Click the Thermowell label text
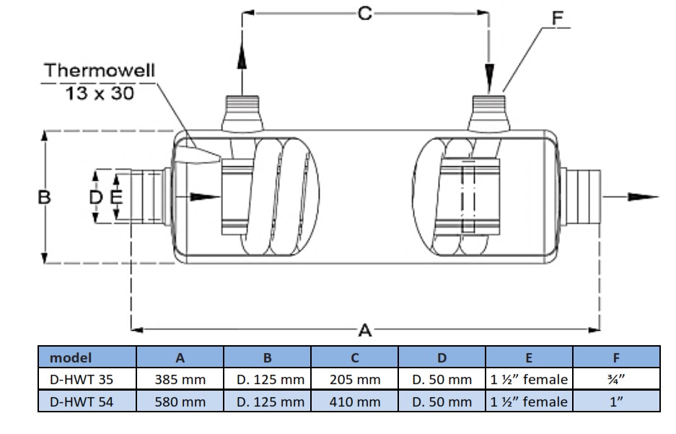100,71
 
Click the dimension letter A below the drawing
365,331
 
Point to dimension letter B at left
44,196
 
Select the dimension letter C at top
365,13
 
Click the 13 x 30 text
100,93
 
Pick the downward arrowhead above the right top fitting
490,73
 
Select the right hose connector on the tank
582,196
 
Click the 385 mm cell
180,379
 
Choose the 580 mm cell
180,402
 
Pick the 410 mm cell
355,402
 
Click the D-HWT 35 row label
82,379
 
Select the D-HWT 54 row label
82,402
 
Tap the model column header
71,357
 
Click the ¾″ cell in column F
615,379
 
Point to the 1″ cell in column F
615,402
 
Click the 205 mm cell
355,379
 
